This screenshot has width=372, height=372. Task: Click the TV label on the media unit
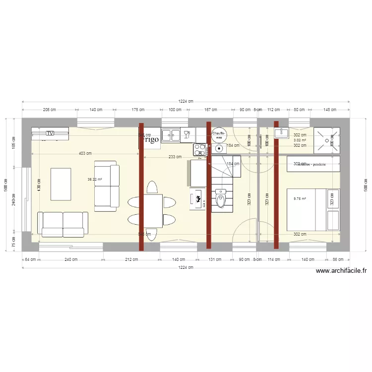click(50, 133)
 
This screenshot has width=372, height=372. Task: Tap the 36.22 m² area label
click(95, 180)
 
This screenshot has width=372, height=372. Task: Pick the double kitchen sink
click(171, 134)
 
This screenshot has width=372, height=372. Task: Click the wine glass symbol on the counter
click(187, 134)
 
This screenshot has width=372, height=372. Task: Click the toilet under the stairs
click(220, 201)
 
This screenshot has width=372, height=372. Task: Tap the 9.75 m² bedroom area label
click(300, 199)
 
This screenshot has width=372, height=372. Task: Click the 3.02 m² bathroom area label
click(300, 140)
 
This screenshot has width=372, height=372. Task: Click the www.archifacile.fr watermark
click(341, 271)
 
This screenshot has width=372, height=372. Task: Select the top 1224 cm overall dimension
click(186, 101)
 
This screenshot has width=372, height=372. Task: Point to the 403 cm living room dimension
click(85, 153)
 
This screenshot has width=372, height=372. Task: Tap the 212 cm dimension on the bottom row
click(132, 259)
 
